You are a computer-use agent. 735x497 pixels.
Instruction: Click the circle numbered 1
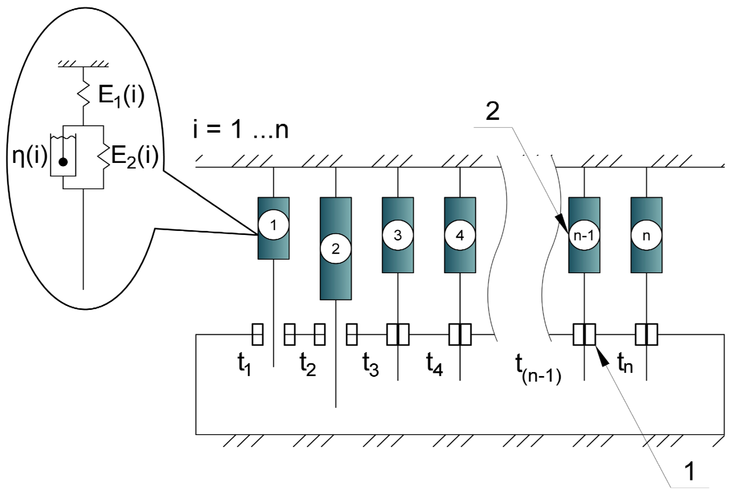coord(274,225)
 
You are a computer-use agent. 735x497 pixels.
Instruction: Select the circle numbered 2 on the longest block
coord(336,249)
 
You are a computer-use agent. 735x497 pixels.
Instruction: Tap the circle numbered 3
coord(398,235)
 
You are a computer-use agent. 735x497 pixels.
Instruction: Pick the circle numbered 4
coord(460,235)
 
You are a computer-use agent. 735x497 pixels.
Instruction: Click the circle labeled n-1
coord(584,235)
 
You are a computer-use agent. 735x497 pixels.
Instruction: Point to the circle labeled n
coord(646,235)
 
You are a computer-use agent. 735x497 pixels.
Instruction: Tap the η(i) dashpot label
coord(30,155)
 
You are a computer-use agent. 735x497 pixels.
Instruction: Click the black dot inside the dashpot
coord(64,162)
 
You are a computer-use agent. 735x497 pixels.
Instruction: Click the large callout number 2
coord(492,111)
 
